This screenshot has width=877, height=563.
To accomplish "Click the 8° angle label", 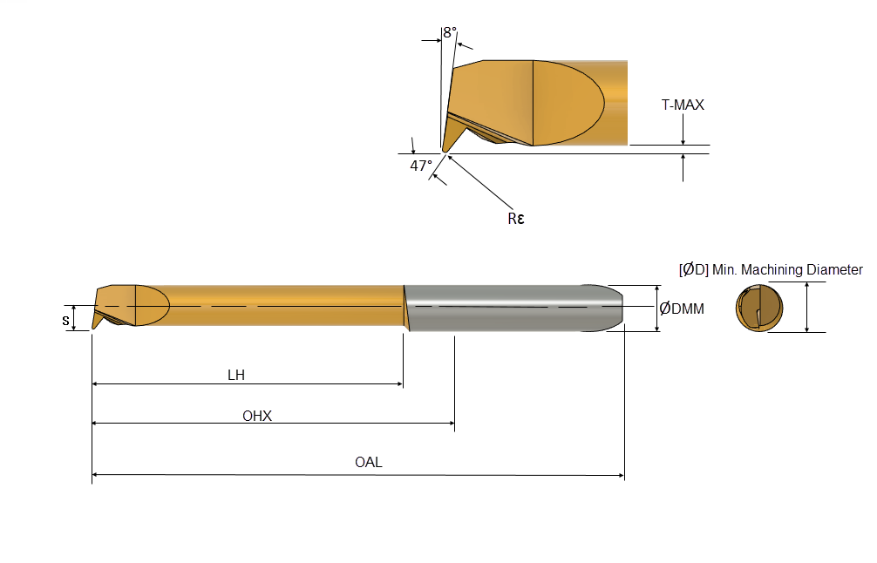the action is tap(450, 33).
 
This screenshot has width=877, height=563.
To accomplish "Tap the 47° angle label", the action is tap(421, 166).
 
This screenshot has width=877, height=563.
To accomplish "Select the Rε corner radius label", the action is tap(516, 219).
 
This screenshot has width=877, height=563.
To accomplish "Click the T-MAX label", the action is tap(683, 105).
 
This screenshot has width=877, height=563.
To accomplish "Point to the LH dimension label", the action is tap(236, 375).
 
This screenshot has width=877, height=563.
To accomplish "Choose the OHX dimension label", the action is tap(256, 416).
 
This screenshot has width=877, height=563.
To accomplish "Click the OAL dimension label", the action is tap(369, 463).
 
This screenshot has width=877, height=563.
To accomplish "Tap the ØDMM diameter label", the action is tap(681, 309).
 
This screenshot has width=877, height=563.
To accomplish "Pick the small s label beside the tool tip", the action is tap(65, 321).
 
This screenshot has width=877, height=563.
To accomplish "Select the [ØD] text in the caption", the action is tap(694, 269).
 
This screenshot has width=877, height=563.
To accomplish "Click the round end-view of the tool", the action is tap(759, 308).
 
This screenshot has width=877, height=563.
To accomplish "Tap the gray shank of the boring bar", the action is tap(513, 308).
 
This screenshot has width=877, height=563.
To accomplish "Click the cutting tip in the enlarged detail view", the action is tap(445, 149).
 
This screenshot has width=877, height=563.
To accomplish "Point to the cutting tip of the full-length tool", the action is tap(94, 326).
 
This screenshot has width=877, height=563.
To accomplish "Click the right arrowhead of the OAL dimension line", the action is tap(621, 475).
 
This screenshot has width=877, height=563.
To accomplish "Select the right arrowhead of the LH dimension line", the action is tap(399, 384).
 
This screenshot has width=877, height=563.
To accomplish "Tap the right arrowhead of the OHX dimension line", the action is tap(451, 424).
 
